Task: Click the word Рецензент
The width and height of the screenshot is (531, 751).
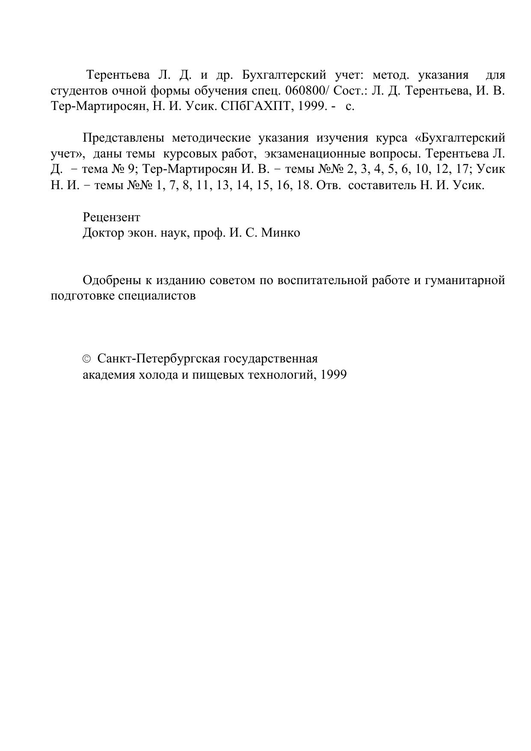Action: [x=111, y=217]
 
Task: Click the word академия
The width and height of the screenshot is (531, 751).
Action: [x=110, y=375]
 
